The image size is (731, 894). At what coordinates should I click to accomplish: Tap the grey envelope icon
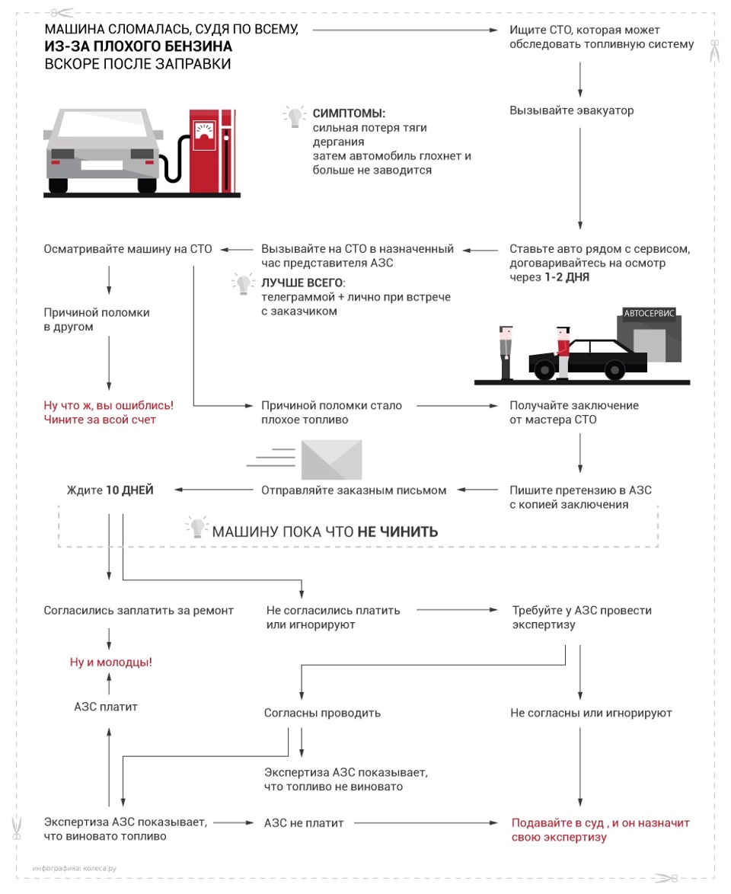(331, 459)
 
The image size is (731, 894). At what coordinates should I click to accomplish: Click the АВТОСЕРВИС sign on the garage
(649, 313)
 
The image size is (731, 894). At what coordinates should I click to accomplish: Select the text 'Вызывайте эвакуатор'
(571, 110)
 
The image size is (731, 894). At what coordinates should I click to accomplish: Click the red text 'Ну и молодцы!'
(111, 662)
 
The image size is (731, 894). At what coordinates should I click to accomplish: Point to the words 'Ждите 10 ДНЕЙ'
(110, 490)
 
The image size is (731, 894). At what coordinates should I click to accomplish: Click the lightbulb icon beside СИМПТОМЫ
(294, 116)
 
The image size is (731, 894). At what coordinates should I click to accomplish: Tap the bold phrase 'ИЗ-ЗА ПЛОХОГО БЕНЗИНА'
(138, 47)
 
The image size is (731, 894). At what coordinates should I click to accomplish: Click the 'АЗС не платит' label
(304, 823)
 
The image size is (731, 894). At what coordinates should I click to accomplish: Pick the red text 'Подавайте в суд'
(558, 823)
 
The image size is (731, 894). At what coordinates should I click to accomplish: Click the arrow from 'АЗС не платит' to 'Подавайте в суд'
(426, 823)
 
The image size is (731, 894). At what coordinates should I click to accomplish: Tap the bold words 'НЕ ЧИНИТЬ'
(397, 532)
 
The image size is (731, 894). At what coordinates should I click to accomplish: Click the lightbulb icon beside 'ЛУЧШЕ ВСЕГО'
(243, 285)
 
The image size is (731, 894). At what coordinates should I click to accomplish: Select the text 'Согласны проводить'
(322, 714)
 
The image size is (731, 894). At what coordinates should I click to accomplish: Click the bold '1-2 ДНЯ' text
(567, 277)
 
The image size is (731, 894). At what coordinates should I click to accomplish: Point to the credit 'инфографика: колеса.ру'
(75, 867)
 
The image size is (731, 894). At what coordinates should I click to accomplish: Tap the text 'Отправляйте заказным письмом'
(353, 490)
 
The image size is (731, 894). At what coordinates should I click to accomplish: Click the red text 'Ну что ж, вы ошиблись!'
(108, 406)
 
